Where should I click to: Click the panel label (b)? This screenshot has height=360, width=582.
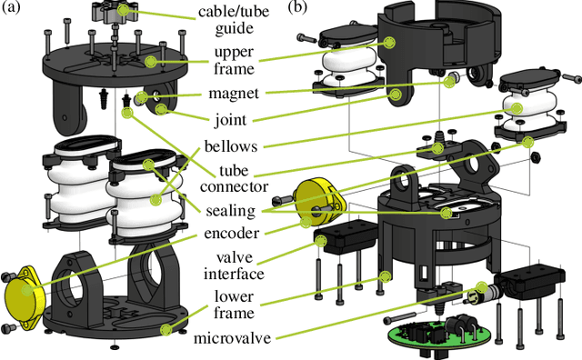[x=299, y=8]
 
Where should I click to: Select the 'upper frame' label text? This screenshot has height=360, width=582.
[x=230, y=60]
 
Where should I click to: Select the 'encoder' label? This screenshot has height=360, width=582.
[x=228, y=234]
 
